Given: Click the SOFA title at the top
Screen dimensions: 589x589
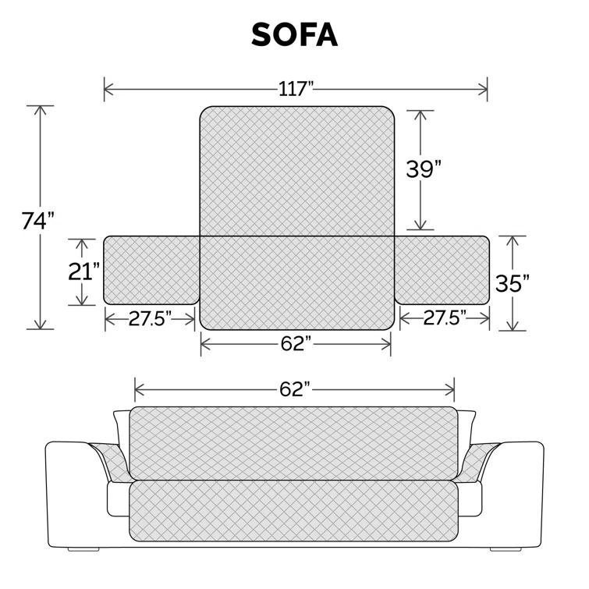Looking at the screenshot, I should (294, 34).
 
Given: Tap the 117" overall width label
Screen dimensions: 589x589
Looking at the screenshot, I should (296, 88).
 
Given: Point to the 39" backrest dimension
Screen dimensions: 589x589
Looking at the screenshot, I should (424, 169).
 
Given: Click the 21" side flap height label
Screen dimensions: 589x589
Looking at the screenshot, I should (83, 272).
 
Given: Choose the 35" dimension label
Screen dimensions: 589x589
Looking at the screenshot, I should (512, 283).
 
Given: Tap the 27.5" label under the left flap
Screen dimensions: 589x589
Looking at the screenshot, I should (150, 318).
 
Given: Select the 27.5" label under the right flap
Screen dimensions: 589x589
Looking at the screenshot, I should (445, 318).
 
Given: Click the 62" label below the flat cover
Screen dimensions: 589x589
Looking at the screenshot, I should (296, 343).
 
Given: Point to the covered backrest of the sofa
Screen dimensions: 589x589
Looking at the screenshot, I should (294, 442).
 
